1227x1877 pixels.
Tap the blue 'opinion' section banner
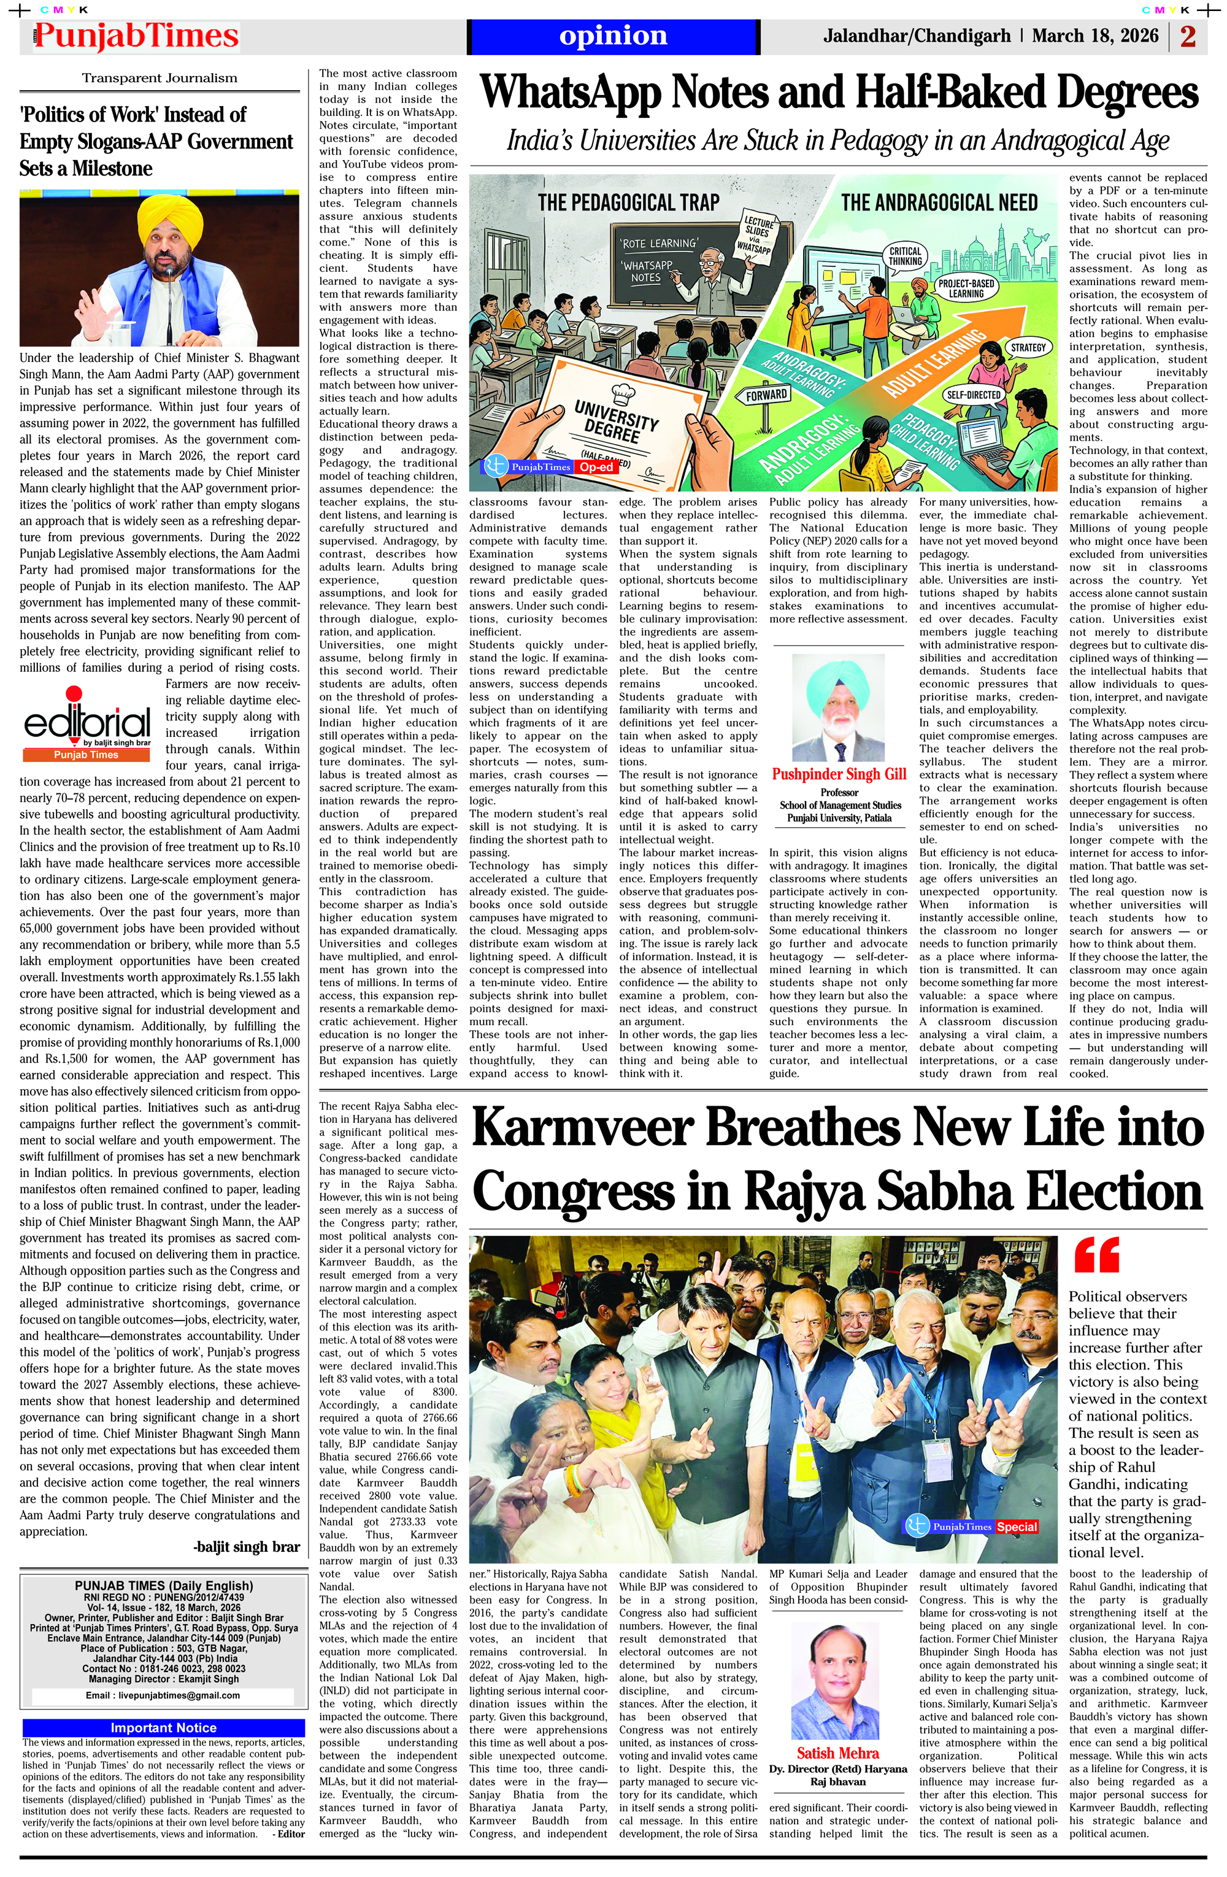tap(613, 36)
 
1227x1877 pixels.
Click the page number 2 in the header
tap(1188, 36)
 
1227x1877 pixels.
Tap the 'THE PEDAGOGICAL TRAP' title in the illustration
tap(628, 202)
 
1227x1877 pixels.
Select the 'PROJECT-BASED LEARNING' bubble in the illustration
tap(966, 288)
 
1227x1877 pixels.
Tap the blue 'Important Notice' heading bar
tap(163, 1728)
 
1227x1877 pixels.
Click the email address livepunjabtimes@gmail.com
tap(163, 1695)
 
